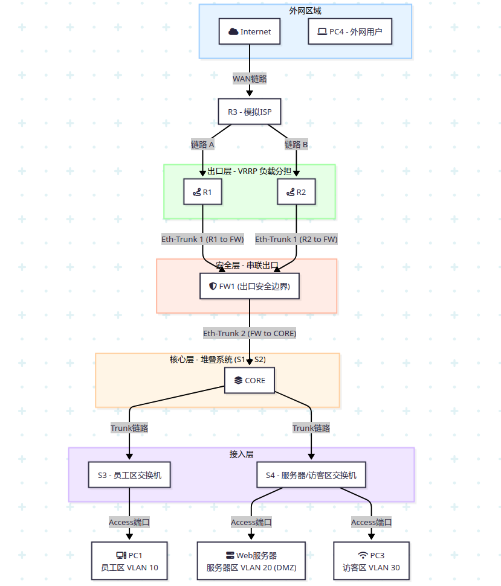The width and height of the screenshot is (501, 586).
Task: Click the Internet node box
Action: (250, 31)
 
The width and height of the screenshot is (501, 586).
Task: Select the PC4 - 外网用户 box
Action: (350, 31)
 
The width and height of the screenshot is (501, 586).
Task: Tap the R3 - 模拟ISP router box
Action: (250, 112)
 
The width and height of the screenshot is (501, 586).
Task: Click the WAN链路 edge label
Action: (250, 78)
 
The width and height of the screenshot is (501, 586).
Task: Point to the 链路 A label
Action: (202, 145)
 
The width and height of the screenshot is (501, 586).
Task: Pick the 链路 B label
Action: (296, 145)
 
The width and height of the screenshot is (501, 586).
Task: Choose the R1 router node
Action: (202, 192)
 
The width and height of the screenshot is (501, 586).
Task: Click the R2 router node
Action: (296, 192)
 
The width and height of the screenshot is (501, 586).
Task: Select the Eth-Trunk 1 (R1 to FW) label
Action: (202, 240)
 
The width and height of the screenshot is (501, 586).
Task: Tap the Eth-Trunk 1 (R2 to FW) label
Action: (296, 240)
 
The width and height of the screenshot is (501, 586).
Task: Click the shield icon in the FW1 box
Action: (213, 287)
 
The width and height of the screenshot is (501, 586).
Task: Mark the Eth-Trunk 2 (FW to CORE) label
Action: (250, 333)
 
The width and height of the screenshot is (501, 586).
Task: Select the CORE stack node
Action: (250, 381)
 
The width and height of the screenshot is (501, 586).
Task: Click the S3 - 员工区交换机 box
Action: (129, 475)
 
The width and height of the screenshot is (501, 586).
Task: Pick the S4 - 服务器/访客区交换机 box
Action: (311, 475)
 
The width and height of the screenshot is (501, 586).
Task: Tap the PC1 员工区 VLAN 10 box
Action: (129, 561)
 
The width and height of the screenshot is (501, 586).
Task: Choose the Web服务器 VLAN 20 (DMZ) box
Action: (251, 561)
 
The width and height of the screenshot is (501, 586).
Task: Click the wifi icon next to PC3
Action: (363, 555)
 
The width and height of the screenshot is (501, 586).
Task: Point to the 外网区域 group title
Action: (305, 11)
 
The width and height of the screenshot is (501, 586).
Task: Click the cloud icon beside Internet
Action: (233, 31)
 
